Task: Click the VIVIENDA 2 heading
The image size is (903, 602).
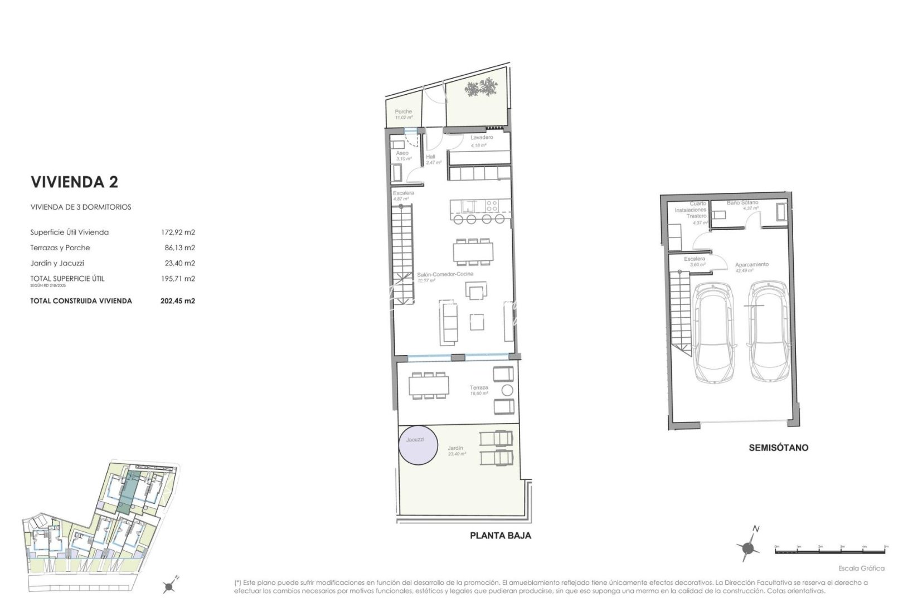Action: pos(74,182)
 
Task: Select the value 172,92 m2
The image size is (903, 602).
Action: pos(178,232)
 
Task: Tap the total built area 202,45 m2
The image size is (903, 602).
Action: pos(177,301)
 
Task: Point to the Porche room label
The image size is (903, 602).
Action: pos(404,112)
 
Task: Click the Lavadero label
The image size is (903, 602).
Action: pos(481,138)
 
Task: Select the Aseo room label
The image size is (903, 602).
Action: pos(402,153)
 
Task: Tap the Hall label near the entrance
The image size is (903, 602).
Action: pos(430,157)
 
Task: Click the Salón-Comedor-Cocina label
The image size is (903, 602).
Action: pos(445,274)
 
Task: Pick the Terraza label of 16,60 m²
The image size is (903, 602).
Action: pos(479,388)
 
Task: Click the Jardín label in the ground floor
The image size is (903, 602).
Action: pos(455,448)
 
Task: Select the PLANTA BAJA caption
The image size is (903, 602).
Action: pos(501,536)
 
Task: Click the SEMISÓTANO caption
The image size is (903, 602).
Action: pos(778,448)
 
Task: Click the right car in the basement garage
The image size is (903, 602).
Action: pos(768,331)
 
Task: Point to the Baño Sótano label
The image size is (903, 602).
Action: pos(742,203)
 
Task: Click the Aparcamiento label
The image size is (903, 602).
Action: pos(751,265)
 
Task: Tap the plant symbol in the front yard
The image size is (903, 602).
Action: pos(480,88)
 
